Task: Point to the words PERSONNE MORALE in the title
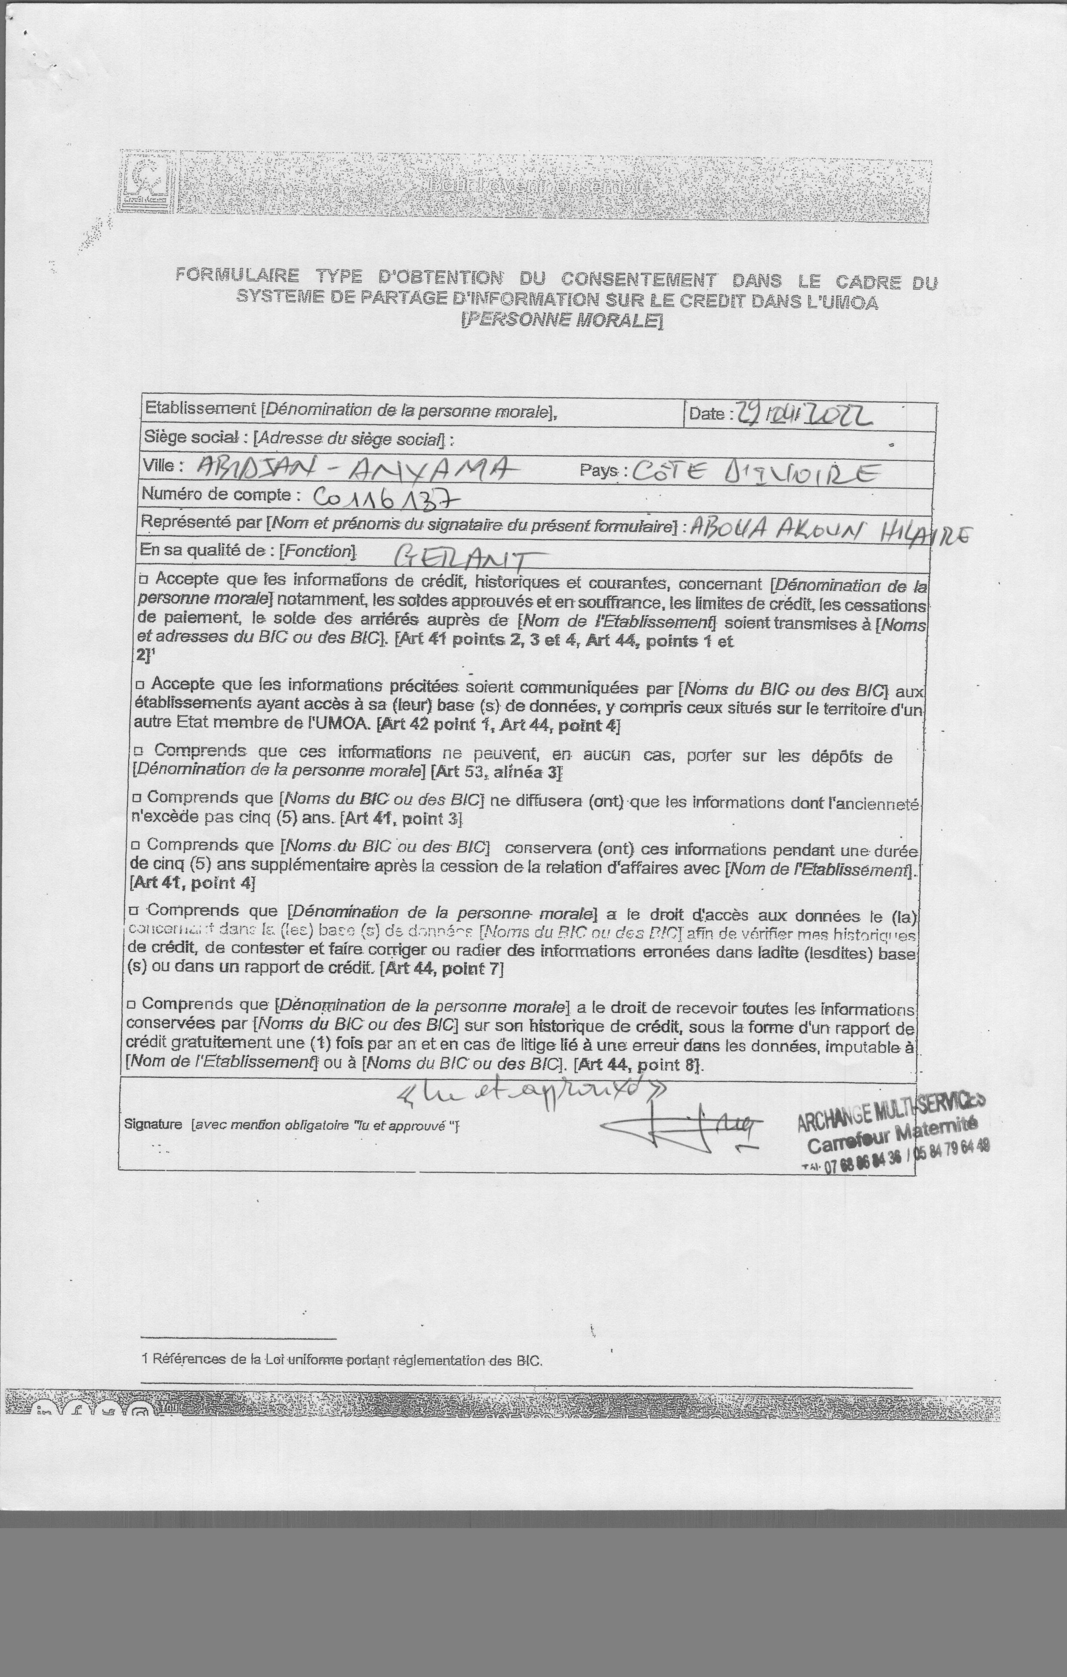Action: [561, 320]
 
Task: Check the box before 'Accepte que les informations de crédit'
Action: [144, 579]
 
